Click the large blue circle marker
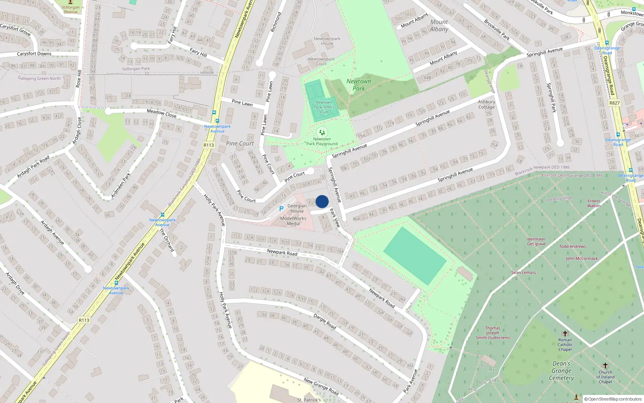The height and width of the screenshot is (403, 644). coord(322,201)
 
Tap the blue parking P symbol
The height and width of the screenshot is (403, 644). coord(281,209)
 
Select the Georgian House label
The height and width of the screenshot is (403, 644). coord(297,208)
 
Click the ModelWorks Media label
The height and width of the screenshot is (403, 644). coord(293,221)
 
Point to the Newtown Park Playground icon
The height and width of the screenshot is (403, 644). coord(322,132)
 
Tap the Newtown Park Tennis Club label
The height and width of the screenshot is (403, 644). coord(324,107)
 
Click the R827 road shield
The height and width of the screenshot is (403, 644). coord(614,103)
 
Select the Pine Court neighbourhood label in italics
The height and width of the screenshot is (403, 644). coord(240,143)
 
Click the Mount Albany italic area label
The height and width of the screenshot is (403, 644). coord(439,25)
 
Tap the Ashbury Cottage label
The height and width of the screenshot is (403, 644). coord(486,104)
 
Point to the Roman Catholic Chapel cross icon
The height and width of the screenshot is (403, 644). coord(565,334)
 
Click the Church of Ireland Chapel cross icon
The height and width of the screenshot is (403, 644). coord(605,366)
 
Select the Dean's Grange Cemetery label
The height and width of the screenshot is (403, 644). coord(561,371)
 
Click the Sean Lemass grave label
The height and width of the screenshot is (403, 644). coord(524,272)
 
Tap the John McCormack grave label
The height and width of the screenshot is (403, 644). coord(582,258)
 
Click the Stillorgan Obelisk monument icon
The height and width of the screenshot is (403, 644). coord(70,2)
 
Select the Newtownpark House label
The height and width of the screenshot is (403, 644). coord(327,41)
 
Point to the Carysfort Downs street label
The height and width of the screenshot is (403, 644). coord(34,54)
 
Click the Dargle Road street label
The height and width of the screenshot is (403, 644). coord(324,322)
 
